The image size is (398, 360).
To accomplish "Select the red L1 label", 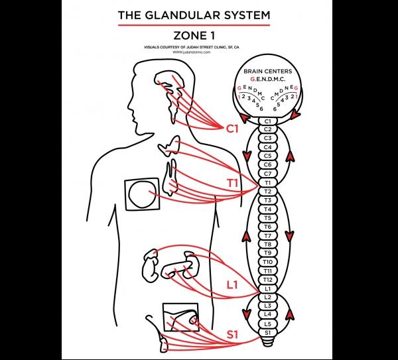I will point(232,286).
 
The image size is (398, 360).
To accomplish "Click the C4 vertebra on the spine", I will point(268,147).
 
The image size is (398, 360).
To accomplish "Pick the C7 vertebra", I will point(268,174).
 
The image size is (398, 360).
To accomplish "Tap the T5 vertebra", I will point(268,217).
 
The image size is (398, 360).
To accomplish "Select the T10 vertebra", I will point(268,262).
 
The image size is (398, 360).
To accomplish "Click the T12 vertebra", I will point(268,280).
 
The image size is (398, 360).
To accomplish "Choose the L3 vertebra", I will point(268,306).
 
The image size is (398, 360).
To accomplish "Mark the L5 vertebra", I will point(268,324).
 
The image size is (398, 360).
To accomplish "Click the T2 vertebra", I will point(268,191).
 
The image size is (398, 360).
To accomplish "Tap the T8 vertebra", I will point(268,244).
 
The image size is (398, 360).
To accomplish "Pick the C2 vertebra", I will point(268,129).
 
